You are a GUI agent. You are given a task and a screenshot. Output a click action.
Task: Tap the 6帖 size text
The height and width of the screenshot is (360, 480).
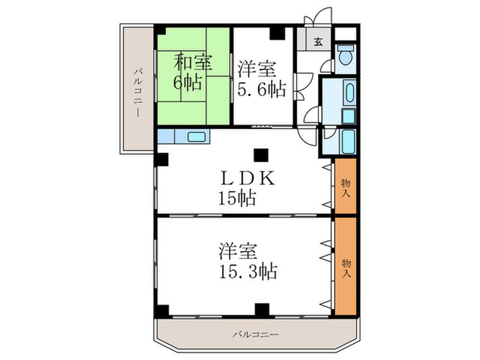point(187,84)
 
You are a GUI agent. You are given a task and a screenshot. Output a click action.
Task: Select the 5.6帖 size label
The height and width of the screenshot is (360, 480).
point(261,88)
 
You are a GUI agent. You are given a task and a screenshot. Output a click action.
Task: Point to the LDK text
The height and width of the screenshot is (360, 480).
point(247,178)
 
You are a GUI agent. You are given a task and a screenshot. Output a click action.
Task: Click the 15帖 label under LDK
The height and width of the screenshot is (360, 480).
point(237,200)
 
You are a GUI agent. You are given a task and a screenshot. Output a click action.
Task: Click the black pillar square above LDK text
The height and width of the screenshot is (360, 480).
point(260,154)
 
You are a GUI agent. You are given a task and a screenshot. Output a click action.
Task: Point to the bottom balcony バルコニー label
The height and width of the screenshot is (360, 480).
point(255,335)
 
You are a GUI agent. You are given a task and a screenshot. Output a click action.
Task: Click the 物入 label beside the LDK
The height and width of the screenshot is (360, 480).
point(346,187)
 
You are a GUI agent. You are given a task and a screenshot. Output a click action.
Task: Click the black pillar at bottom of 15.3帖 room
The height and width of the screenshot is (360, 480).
point(260,308)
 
